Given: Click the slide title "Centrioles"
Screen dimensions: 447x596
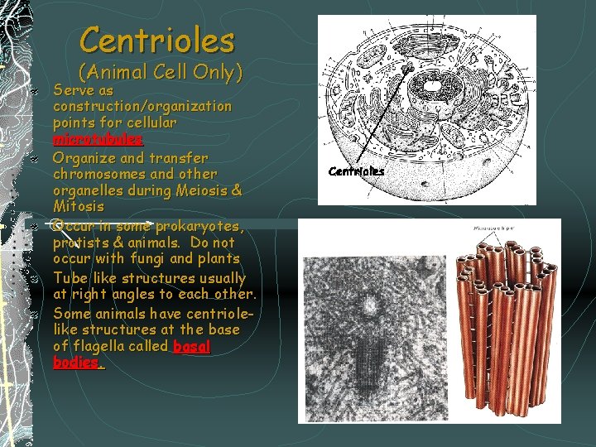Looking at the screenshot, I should (157, 39).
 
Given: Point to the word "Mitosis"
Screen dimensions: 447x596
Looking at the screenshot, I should (79, 207).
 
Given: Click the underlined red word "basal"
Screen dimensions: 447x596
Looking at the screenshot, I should (192, 346).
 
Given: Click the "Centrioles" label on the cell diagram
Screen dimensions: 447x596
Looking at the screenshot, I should (356, 171).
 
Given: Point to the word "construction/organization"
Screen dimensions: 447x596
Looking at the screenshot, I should (142, 106).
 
